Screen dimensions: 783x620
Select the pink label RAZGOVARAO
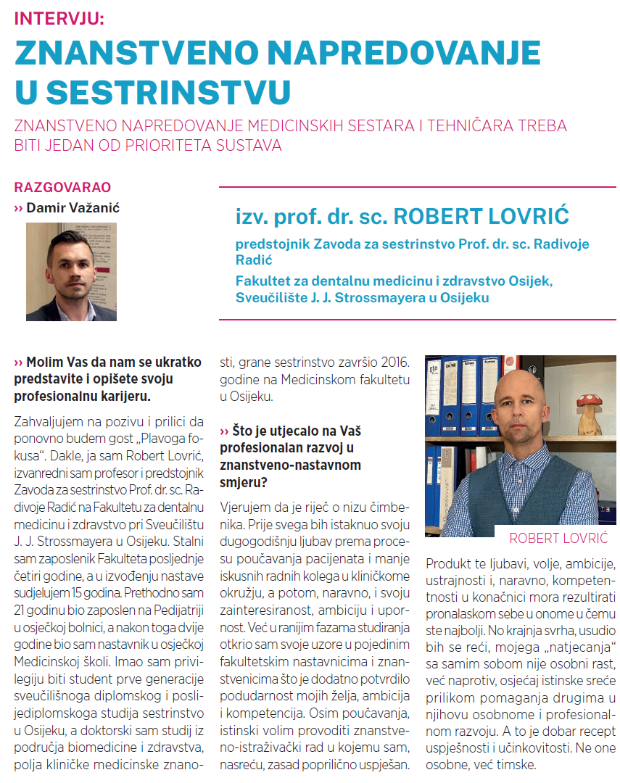[62, 188]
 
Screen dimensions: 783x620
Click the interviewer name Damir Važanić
[73, 208]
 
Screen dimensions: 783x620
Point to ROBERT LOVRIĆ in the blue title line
[481, 216]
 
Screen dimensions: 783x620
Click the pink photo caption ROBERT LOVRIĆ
[558, 538]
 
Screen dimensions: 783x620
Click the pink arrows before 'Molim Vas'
[19, 362]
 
